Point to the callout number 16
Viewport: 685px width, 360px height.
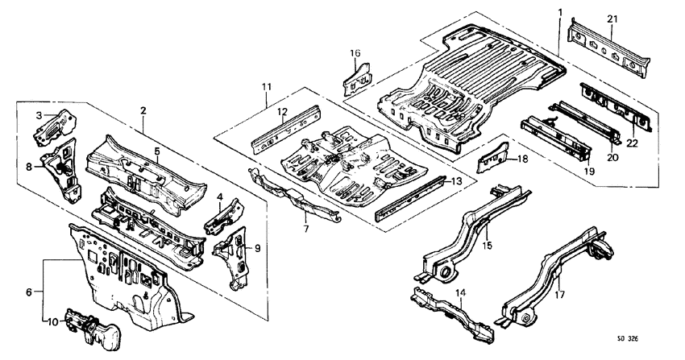pos(355,53)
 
